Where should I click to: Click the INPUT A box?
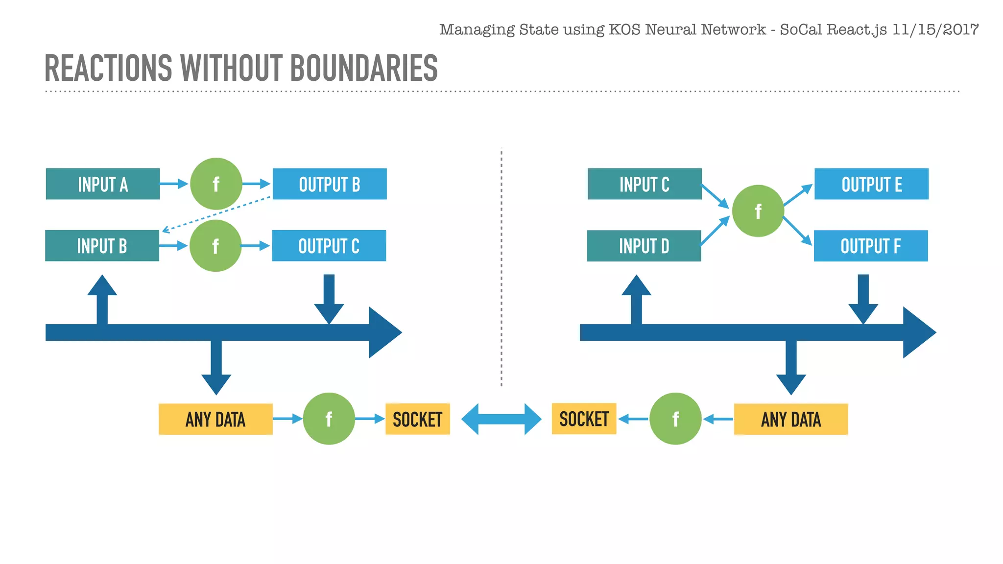coord(103,184)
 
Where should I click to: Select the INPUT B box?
coord(102,246)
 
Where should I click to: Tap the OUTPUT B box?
coord(330,184)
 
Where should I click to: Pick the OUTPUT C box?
coord(329,246)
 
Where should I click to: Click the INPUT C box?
coord(645,184)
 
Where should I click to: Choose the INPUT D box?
coord(644,246)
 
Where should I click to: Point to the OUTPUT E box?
coord(871,184)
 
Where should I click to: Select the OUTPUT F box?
coord(871,246)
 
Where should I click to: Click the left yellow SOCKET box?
coord(417,419)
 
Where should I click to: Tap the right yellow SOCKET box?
coord(584,419)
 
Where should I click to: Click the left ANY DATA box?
coord(215,419)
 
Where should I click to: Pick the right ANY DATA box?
coord(791,419)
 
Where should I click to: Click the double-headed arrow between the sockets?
coord(501,419)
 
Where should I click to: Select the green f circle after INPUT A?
coord(216,184)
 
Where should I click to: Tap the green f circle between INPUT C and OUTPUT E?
coord(758,211)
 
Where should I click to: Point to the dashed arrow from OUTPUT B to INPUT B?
coord(216,213)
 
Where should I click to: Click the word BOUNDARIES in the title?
coord(364,68)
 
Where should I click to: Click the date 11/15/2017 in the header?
coord(935,29)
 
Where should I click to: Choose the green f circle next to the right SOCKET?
coord(675,419)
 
